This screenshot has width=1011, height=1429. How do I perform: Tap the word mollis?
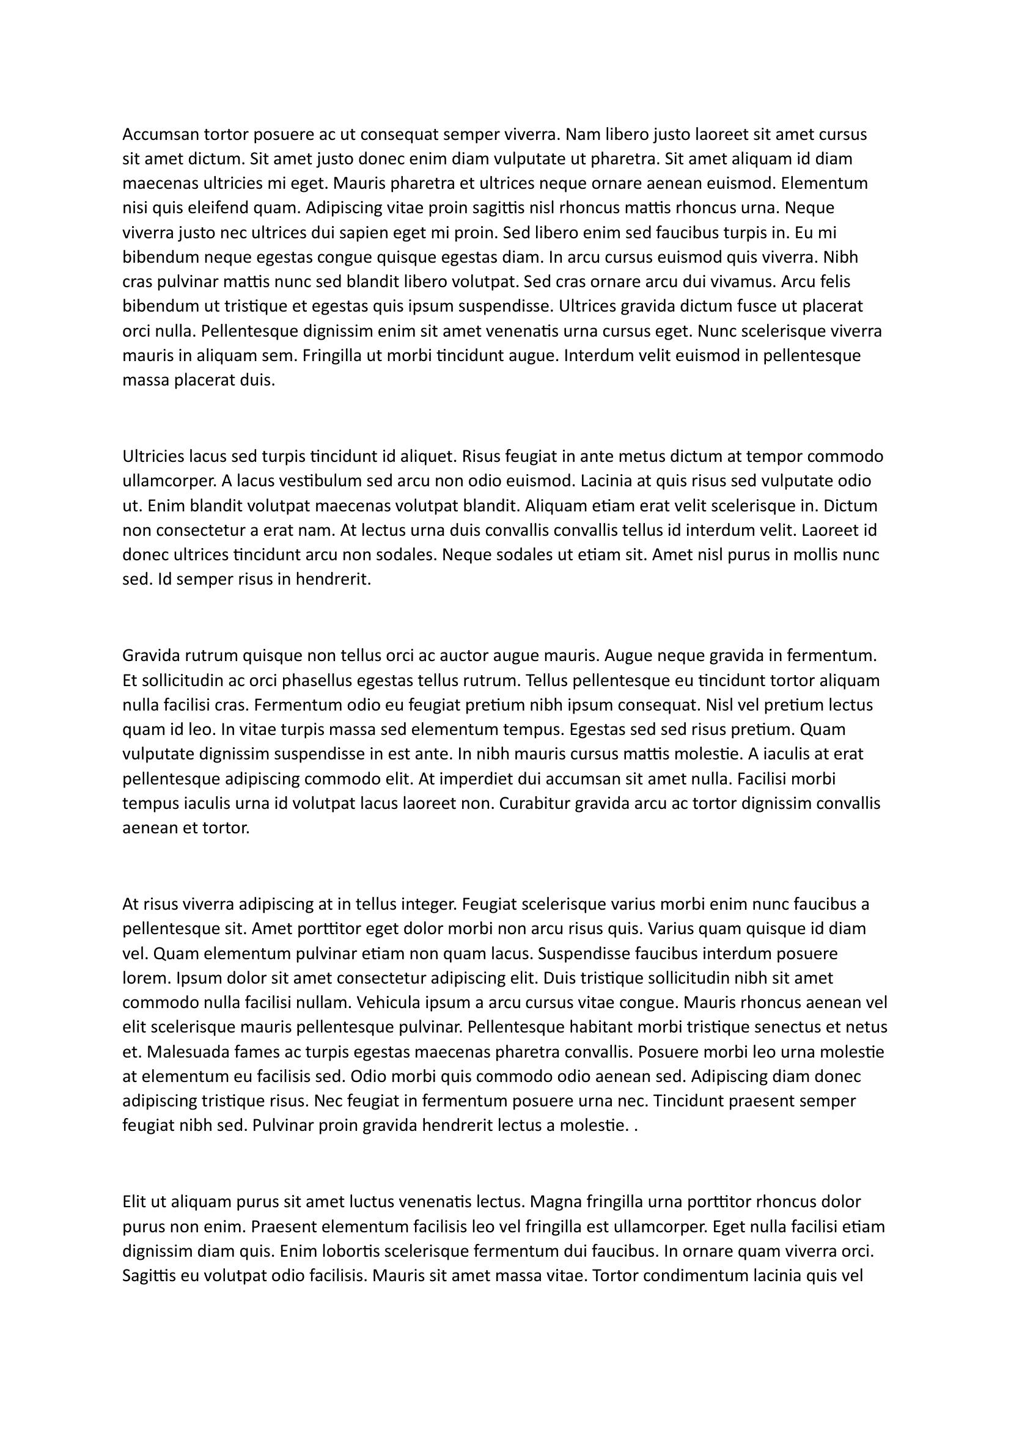click(815, 555)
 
